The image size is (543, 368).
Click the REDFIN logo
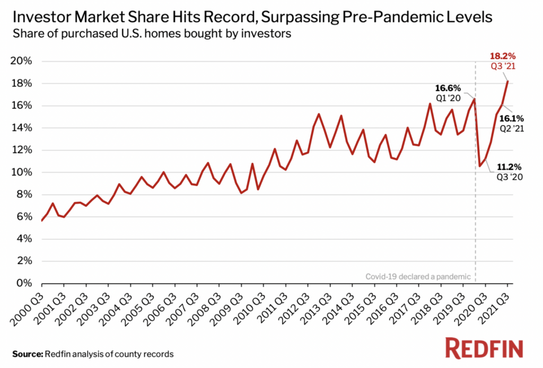[484, 348]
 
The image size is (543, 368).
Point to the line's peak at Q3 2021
[507, 81]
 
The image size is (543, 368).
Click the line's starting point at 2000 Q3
[41, 221]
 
